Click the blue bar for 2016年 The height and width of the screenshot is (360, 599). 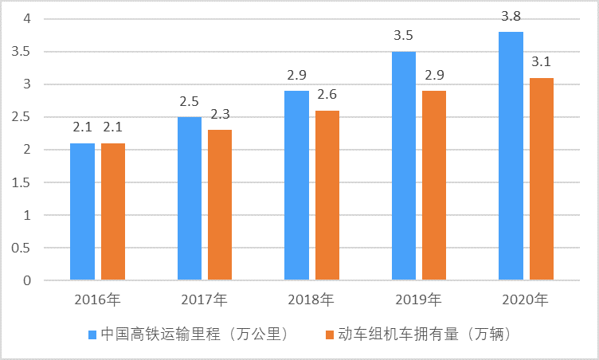pos(82,212)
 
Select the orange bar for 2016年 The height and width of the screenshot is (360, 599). pos(113,212)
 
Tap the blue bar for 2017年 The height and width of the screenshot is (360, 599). pos(190,198)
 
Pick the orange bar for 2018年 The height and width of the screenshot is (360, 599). pos(327,195)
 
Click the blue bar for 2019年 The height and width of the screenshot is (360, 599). pos(404,166)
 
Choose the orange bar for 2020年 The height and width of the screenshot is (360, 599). pos(542,179)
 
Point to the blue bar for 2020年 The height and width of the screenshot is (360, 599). pos(511,156)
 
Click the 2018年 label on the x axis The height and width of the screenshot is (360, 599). pos(311,300)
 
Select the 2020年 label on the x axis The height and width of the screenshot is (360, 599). pos(526,300)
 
